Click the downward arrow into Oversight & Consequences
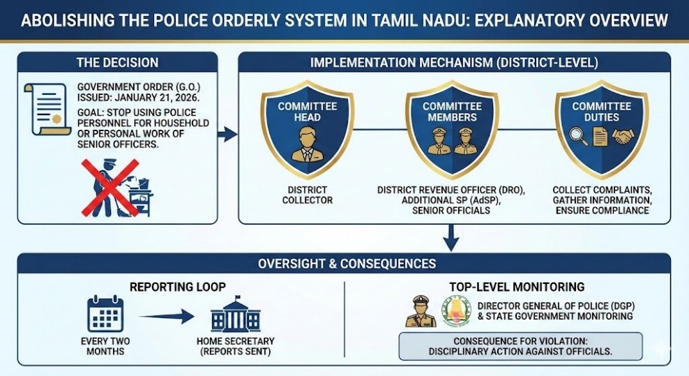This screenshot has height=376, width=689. click(450, 239)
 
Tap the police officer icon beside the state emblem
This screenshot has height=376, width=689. click(421, 311)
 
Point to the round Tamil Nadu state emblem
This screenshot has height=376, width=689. click(456, 311)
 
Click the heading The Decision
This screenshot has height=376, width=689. click(117, 63)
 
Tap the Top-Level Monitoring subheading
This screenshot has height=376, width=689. click(517, 286)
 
